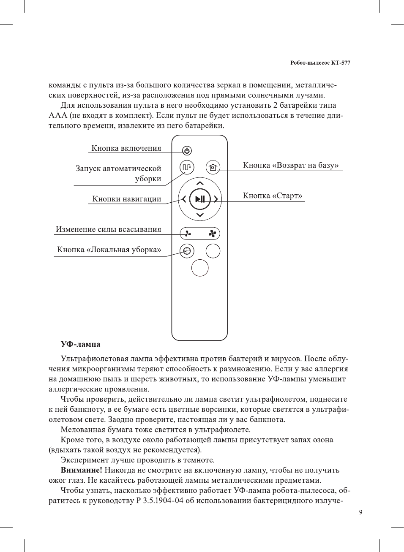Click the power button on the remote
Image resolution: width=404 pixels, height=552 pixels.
[187, 151]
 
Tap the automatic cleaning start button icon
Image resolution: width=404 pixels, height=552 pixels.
[187, 167]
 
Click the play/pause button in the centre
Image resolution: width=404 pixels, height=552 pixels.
[200, 199]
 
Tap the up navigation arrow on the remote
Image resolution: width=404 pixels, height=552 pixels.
[200, 183]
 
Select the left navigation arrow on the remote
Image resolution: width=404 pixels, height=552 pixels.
[184, 199]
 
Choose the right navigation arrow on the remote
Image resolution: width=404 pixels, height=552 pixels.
[216, 199]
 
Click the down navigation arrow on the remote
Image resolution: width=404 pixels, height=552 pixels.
[200, 215]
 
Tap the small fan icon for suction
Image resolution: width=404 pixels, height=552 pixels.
[188, 234]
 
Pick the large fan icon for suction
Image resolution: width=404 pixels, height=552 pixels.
[212, 234]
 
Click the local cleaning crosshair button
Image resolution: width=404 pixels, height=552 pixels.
[187, 251]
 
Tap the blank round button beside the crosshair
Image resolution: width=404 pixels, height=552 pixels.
[213, 251]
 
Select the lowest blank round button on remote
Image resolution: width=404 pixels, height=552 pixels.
[200, 268]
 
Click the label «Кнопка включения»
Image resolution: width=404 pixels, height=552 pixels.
[126, 148]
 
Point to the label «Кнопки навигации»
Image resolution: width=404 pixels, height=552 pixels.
[127, 199]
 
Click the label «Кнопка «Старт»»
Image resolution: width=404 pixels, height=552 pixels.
[273, 196]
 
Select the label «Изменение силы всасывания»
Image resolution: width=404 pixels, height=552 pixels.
[109, 229]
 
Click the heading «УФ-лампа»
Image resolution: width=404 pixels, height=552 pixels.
[80, 344]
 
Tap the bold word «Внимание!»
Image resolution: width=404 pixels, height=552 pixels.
[82, 470]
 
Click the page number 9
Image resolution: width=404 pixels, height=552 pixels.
[360, 512]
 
